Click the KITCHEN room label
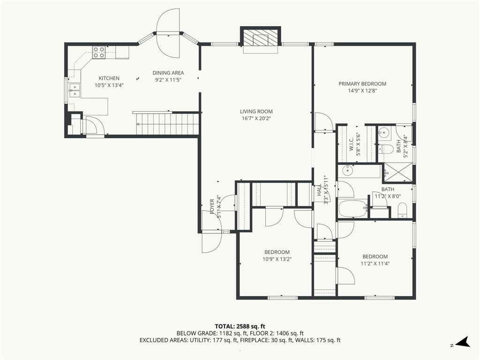point(109,78)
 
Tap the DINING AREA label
point(168,73)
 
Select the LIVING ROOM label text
point(256,112)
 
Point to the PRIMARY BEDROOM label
point(362,84)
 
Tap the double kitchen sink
point(75,90)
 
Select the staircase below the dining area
point(168,124)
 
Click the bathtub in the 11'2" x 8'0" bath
point(353,209)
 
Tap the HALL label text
point(319,190)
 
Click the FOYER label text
point(212,207)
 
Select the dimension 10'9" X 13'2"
point(277,259)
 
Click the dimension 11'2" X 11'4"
point(375,263)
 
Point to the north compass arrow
point(463,342)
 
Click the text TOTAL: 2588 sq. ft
point(240,326)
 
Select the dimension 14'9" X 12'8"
point(362,91)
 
